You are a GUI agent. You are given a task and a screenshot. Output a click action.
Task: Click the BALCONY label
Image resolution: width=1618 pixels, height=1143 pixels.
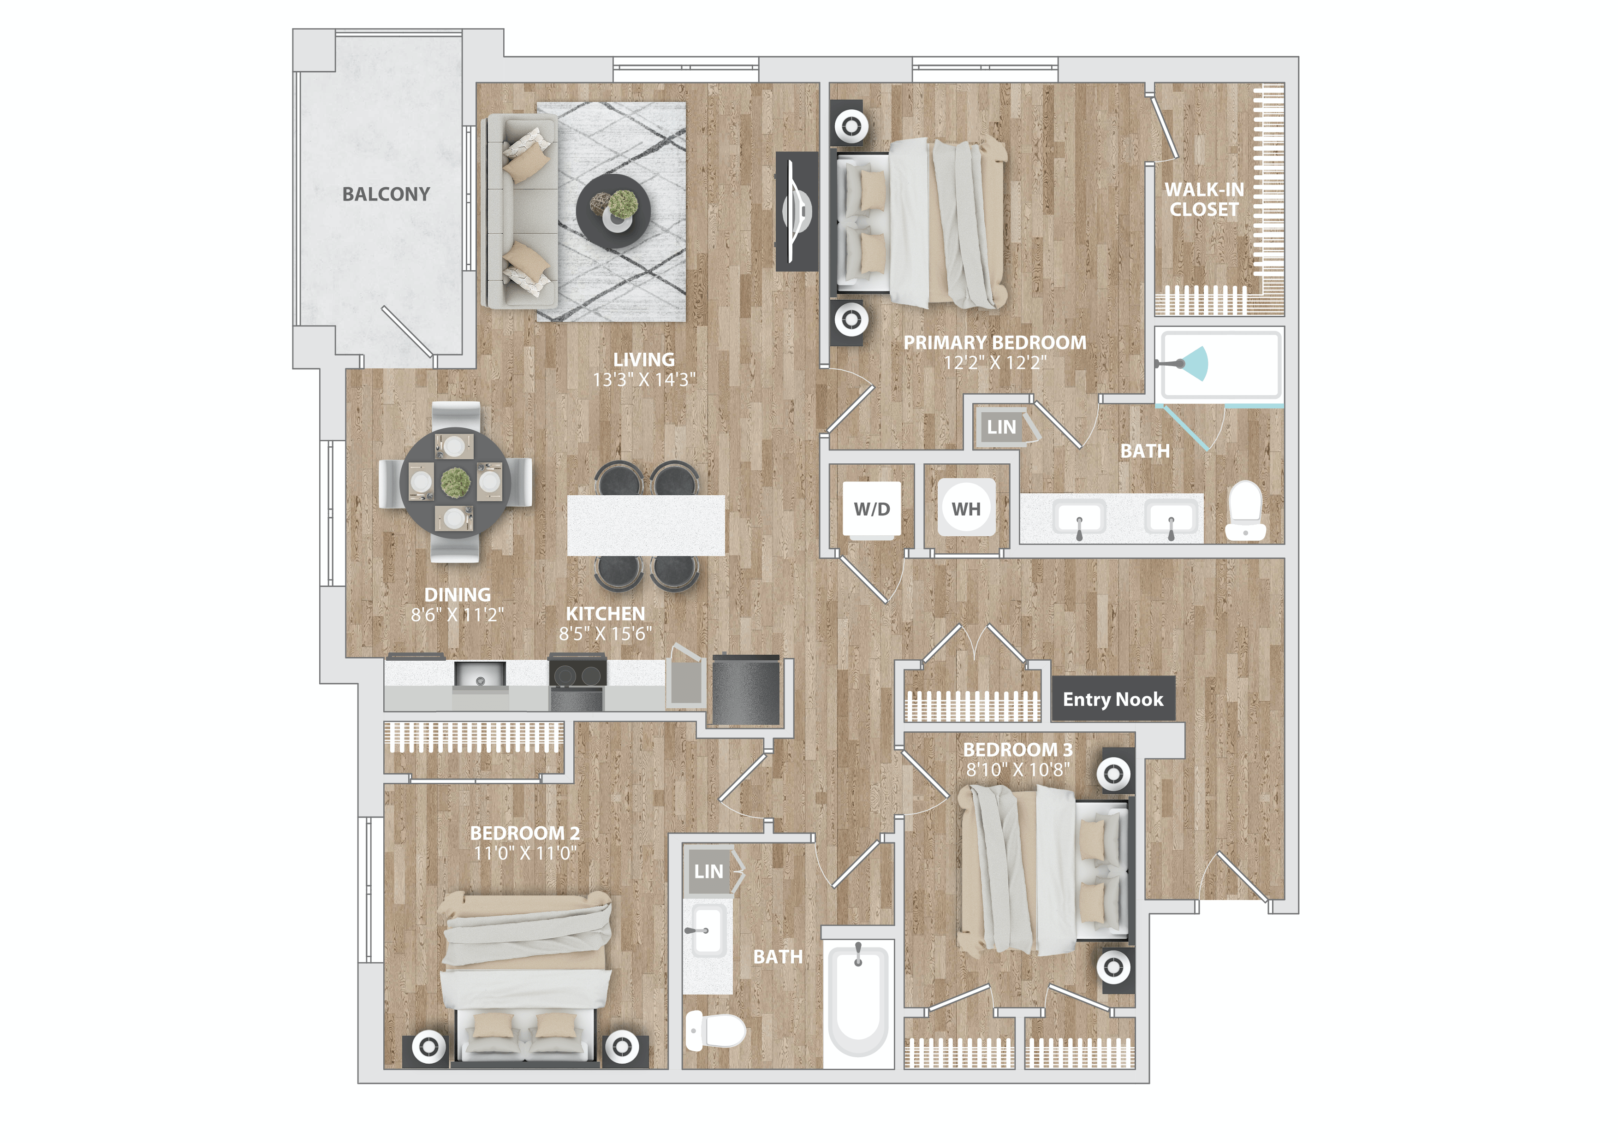coord(386,195)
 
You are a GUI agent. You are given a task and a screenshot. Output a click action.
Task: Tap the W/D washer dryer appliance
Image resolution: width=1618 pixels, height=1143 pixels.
coord(872,509)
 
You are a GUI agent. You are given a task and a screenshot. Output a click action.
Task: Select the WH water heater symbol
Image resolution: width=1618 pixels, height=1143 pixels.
coord(966,509)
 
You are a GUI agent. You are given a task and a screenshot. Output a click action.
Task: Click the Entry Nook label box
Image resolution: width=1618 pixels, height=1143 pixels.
coord(1113,699)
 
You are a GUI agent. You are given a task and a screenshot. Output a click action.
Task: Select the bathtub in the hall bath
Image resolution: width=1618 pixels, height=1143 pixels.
coord(858,1000)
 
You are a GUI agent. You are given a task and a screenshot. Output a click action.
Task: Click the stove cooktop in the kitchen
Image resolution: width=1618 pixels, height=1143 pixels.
coord(577,674)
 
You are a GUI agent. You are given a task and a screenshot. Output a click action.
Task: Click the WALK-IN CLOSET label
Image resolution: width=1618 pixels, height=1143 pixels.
coord(1204,199)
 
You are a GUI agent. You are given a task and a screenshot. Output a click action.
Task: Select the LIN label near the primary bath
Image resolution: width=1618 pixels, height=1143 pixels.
coord(1001,427)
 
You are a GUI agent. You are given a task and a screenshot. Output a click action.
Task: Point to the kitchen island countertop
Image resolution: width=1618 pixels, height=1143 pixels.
coord(646,525)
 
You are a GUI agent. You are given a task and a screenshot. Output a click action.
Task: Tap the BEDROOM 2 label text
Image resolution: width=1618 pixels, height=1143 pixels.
coord(525,833)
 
